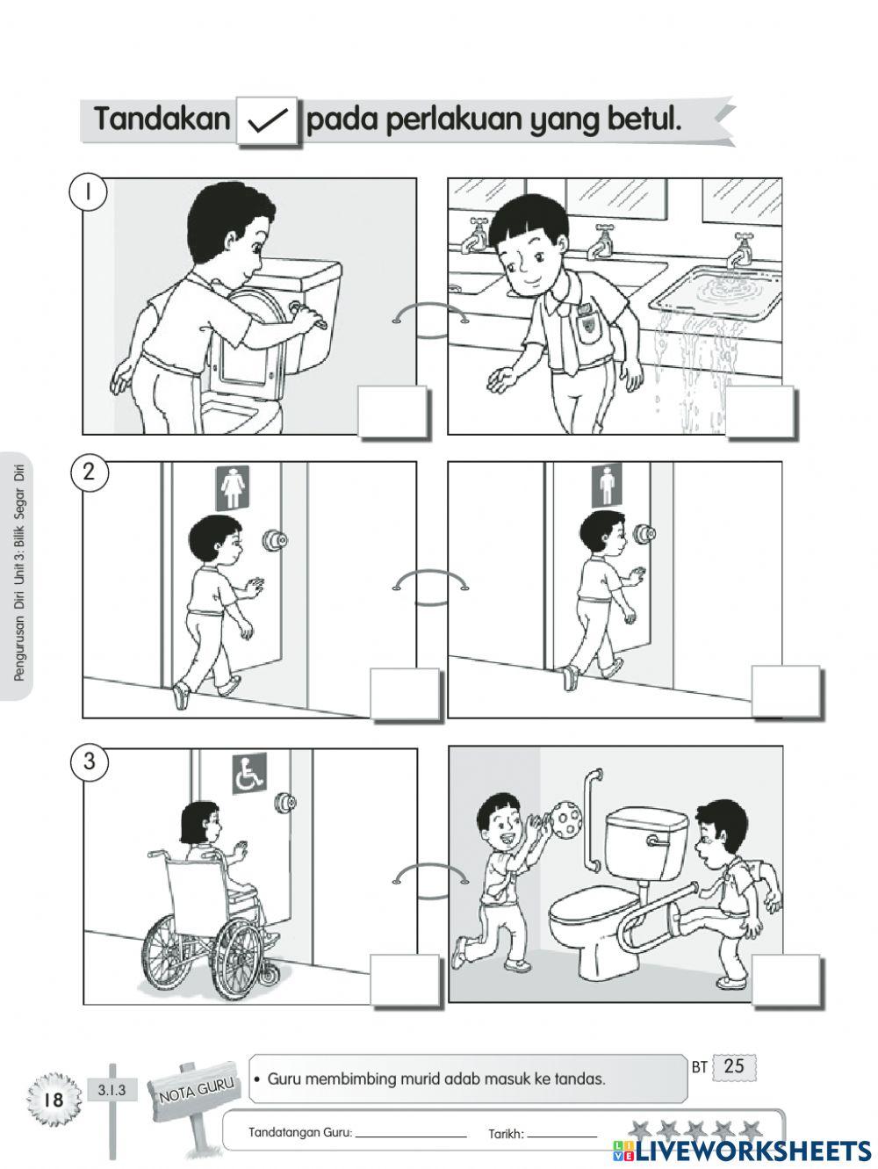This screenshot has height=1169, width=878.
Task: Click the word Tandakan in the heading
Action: (162, 119)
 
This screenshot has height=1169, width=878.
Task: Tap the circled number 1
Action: (89, 191)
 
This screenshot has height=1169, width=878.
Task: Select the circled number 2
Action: (89, 473)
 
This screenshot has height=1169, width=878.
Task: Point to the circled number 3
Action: (90, 761)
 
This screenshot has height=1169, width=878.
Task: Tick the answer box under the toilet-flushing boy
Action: (393, 412)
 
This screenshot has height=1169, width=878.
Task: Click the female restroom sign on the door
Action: (233, 488)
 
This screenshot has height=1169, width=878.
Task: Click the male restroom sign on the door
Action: (607, 485)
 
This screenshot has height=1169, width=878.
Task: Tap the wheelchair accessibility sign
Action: (249, 773)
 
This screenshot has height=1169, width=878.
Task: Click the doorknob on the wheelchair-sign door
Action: (286, 803)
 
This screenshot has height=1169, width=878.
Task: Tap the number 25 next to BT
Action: (734, 1065)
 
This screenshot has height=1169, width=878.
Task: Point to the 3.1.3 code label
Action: (112, 1090)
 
